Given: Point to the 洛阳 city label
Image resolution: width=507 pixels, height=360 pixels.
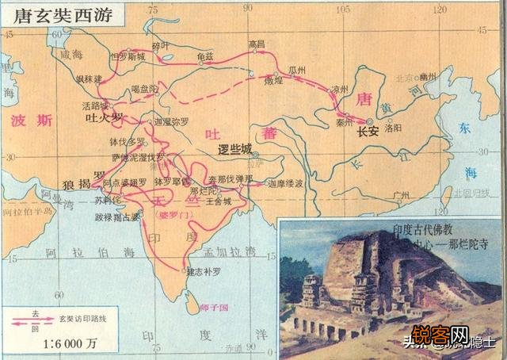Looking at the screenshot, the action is pos(395,127).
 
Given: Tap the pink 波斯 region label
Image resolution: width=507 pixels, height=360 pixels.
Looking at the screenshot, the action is pos(32,121).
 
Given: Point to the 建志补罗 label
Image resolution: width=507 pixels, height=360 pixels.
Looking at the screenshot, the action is pos(203,273).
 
